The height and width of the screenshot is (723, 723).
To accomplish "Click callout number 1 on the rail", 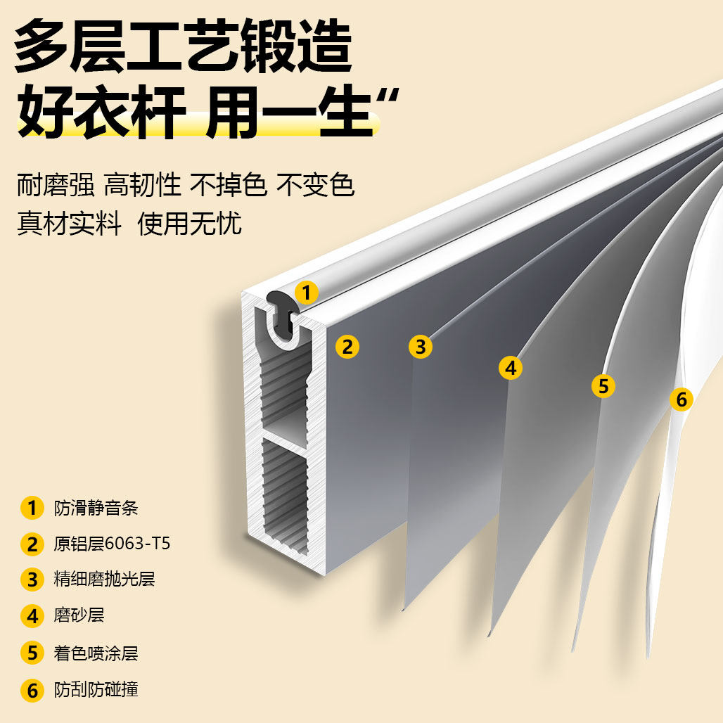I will click(x=306, y=291).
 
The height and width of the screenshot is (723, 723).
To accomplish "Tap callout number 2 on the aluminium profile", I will click(x=347, y=346).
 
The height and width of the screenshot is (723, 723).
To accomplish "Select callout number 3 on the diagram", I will click(x=421, y=346).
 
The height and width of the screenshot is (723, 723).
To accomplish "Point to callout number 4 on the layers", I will click(x=511, y=367).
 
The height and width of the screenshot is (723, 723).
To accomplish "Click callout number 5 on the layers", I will click(x=603, y=385).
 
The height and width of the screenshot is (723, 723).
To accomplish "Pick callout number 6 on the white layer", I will click(x=681, y=399).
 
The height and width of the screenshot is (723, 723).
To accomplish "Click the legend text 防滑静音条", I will click(x=96, y=508).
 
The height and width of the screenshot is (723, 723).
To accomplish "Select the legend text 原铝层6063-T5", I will click(x=112, y=544).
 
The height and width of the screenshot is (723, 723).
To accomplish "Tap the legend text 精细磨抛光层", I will click(x=104, y=580).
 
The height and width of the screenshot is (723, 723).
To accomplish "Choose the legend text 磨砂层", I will click(x=79, y=616).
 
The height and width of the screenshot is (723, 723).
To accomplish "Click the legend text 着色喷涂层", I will click(x=96, y=653).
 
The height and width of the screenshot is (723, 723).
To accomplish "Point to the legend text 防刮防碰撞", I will click(x=96, y=689).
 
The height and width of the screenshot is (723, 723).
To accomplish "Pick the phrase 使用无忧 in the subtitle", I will click(x=190, y=224).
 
